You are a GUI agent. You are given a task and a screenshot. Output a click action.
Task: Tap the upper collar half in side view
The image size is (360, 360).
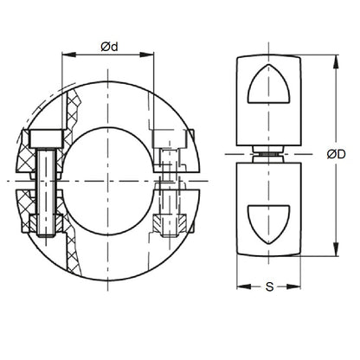263,100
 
